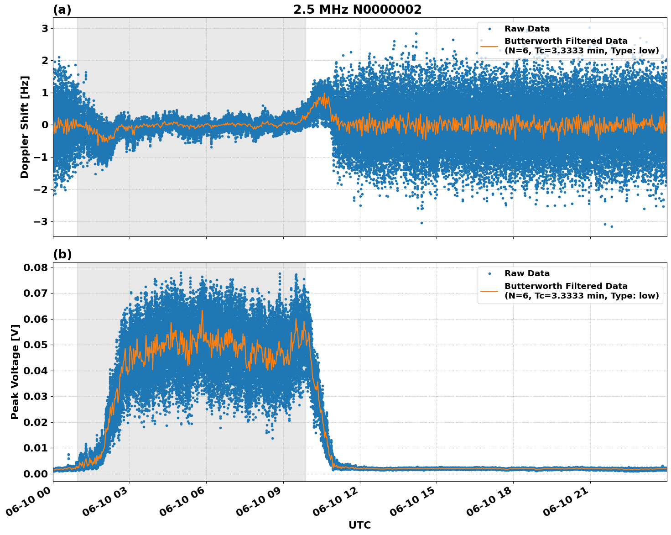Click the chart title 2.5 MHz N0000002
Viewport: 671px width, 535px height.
pyautogui.click(x=357, y=10)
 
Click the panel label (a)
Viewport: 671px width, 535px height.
pyautogui.click(x=62, y=10)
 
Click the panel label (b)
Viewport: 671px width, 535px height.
pyautogui.click(x=62, y=254)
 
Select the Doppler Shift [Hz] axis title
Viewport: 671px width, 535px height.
pyautogui.click(x=25, y=127)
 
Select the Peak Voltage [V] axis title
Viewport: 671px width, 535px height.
pyautogui.click(x=15, y=372)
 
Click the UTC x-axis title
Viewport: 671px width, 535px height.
pyautogui.click(x=359, y=525)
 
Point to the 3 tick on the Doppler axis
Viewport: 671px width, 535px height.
pyautogui.click(x=45, y=28)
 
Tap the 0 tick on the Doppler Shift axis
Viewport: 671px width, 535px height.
pyautogui.click(x=45, y=125)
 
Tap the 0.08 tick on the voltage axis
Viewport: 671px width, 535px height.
pyautogui.click(x=35, y=267)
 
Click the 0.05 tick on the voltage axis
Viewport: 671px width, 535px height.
pyautogui.click(x=35, y=345)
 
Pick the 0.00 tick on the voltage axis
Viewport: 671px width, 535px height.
pyautogui.click(x=35, y=473)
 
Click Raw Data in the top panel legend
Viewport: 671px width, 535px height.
pyautogui.click(x=527, y=29)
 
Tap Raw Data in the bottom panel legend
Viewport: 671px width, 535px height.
pyautogui.click(x=527, y=273)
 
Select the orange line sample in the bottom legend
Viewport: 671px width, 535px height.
pyautogui.click(x=489, y=291)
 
